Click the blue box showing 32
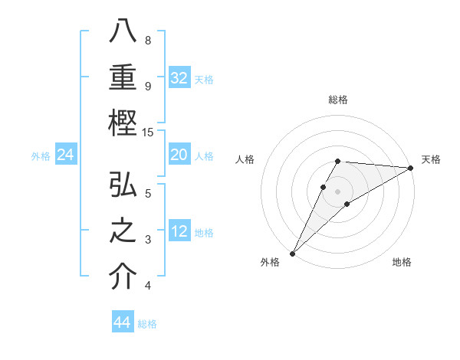[179, 78]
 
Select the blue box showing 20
[179, 155]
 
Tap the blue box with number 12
[179, 231]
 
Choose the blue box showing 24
[66, 155]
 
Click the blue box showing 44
[123, 322]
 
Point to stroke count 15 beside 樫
[149, 133]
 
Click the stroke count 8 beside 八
[148, 40]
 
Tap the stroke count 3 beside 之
[148, 240]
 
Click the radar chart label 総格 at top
[338, 100]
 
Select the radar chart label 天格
[431, 159]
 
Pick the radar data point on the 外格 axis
[292, 253]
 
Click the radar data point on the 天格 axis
[411, 168]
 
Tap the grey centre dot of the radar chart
[338, 191]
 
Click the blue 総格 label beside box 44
[147, 324]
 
